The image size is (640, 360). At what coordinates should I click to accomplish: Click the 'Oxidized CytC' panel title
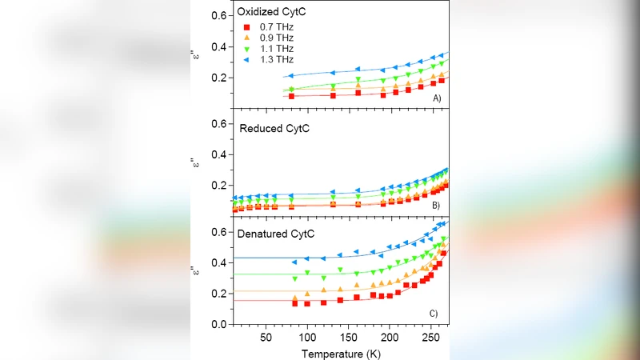click(x=279, y=14)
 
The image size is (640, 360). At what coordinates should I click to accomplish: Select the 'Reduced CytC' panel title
click(x=278, y=128)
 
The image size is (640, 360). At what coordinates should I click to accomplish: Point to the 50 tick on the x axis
click(x=266, y=338)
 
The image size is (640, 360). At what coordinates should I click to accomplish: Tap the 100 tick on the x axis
click(x=307, y=338)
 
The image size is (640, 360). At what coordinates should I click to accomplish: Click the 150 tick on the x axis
click(x=349, y=338)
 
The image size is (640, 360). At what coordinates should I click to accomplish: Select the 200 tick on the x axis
click(x=390, y=338)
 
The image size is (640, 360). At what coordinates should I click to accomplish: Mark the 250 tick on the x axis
click(x=431, y=338)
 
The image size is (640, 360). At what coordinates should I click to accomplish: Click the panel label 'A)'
click(x=437, y=98)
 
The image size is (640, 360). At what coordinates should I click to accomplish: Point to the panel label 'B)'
click(x=437, y=206)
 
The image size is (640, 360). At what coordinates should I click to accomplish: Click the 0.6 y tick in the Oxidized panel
click(x=214, y=16)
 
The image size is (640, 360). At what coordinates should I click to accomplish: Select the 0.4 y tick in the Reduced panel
click(x=214, y=154)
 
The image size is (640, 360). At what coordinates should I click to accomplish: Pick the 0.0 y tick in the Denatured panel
click(x=214, y=325)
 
